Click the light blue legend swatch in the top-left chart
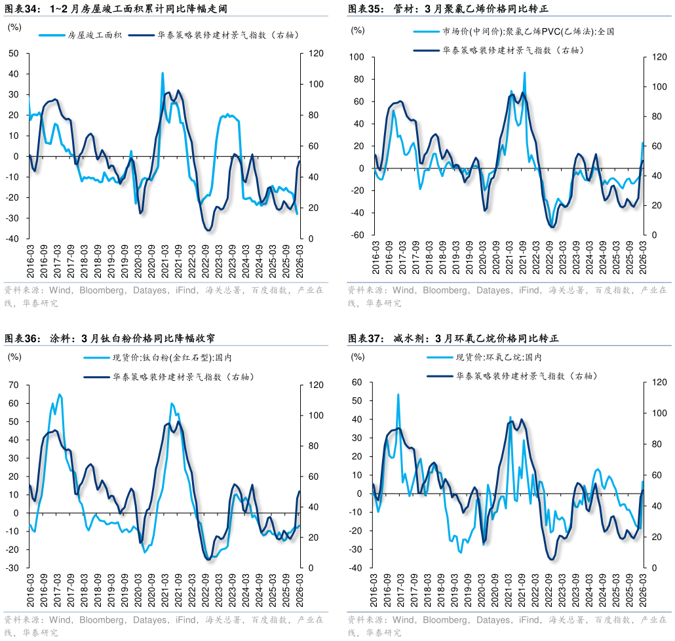coord(52,35)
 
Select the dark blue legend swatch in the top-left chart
coord(142,35)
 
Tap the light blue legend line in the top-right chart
coord(427,31)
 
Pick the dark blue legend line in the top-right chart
coord(427,50)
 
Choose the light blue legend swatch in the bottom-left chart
coord(97,358)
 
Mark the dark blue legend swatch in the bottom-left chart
coord(97,378)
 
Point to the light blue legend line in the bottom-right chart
coord(440,357)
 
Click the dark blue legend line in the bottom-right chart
coord(440,376)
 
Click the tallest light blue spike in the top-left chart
coord(163,74)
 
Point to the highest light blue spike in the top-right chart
coord(524,73)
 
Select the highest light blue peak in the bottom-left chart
coord(60,395)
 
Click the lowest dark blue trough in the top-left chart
coord(208,230)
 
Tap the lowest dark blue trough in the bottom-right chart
coord(552,559)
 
